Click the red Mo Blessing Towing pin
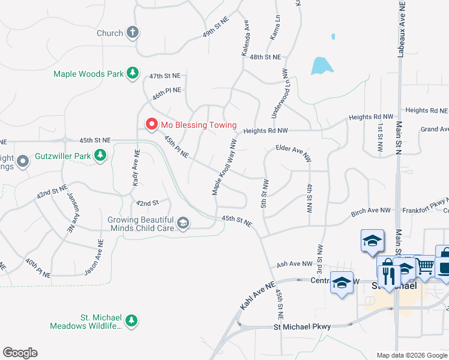[151, 124]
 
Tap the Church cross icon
[132, 33]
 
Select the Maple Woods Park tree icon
[132, 74]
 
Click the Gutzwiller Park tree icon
[100, 156]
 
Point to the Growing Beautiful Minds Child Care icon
[183, 224]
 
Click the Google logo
[20, 353]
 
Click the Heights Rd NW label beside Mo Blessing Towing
[266, 130]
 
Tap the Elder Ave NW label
[294, 153]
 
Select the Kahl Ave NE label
[256, 295]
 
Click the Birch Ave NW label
[370, 212]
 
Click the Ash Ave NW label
[294, 263]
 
